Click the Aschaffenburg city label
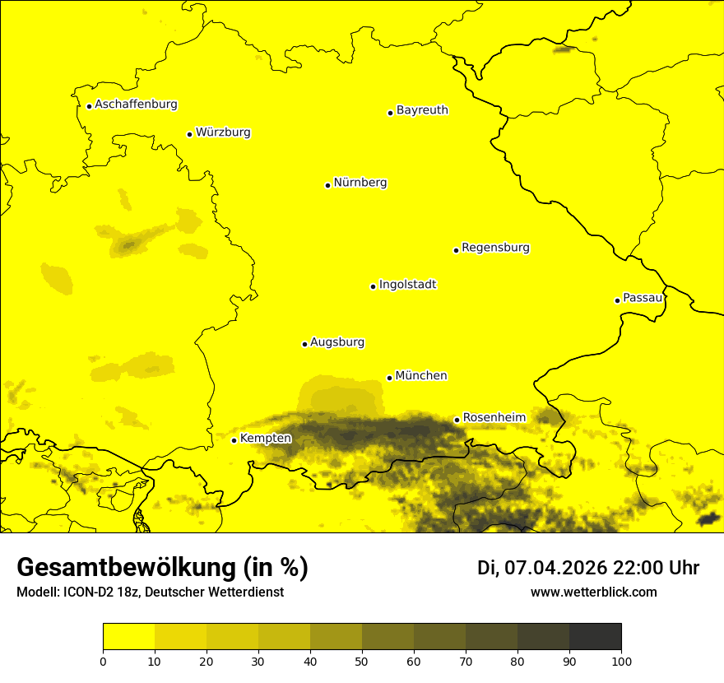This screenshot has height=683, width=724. [136, 105]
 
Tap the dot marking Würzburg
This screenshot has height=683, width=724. [189, 134]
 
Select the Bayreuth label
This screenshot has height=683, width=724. [422, 110]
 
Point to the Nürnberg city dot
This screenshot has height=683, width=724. [327, 185]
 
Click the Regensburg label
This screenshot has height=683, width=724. [495, 248]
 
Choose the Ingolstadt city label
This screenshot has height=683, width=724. [407, 285]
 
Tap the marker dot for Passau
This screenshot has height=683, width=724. [617, 300]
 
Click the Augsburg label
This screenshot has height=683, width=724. [336, 342]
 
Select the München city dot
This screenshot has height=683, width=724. [389, 378]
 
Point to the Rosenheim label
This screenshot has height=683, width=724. [494, 418]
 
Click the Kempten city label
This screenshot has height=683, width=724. [265, 439]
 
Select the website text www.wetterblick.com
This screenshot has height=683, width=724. [593, 592]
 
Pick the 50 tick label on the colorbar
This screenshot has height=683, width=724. [362, 661]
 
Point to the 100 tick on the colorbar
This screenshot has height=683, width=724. [621, 661]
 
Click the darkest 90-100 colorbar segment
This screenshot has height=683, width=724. [595, 637]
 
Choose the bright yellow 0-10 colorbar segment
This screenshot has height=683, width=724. [128, 637]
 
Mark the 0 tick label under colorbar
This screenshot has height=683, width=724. [103, 661]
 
